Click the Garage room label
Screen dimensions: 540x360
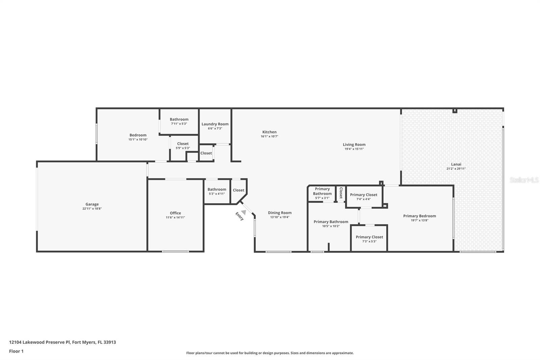tap(92, 204)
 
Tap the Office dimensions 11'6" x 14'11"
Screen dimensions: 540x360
tap(175, 217)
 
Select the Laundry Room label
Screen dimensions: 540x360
tap(215, 124)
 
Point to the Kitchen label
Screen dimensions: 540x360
tap(270, 132)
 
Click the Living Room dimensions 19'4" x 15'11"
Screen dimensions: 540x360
tap(354, 149)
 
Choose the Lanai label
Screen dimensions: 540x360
tap(456, 164)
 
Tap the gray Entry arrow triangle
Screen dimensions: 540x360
tap(244, 212)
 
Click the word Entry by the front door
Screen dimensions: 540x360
tap(240, 216)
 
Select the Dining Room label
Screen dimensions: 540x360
tap(280, 213)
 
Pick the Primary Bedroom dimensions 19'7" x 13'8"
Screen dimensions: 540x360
tap(420, 220)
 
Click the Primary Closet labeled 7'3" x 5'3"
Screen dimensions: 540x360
tap(369, 237)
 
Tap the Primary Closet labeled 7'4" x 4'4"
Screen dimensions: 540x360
tap(363, 195)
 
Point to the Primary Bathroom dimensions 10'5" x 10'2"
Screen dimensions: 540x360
tap(331, 226)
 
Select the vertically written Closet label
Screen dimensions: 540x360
tap(341, 193)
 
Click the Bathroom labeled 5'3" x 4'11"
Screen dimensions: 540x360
tap(217, 189)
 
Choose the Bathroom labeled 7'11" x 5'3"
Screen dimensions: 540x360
tap(179, 119)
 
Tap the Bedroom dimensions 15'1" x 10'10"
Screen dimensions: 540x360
tap(138, 139)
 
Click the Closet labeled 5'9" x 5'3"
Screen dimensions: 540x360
tap(183, 144)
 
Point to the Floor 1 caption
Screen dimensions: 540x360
tap(16, 351)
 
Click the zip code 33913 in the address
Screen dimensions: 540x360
tap(110, 342)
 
